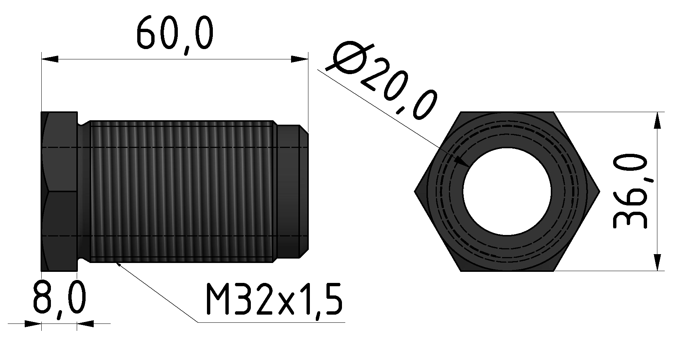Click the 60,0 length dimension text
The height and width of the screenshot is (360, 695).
174,35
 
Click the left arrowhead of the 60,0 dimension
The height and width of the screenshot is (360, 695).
50,59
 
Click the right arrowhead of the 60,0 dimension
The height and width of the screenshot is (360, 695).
299,59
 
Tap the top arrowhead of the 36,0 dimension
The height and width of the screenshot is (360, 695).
657,120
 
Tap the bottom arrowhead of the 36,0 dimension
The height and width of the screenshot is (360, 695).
657,262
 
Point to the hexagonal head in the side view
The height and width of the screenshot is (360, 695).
59,191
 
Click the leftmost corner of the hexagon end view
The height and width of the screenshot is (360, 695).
415,191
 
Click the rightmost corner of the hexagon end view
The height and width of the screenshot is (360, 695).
599,191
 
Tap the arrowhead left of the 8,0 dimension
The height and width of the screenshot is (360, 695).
33,324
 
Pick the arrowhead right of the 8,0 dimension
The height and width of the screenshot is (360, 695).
85,324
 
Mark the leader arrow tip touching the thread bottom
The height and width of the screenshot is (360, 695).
117,263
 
